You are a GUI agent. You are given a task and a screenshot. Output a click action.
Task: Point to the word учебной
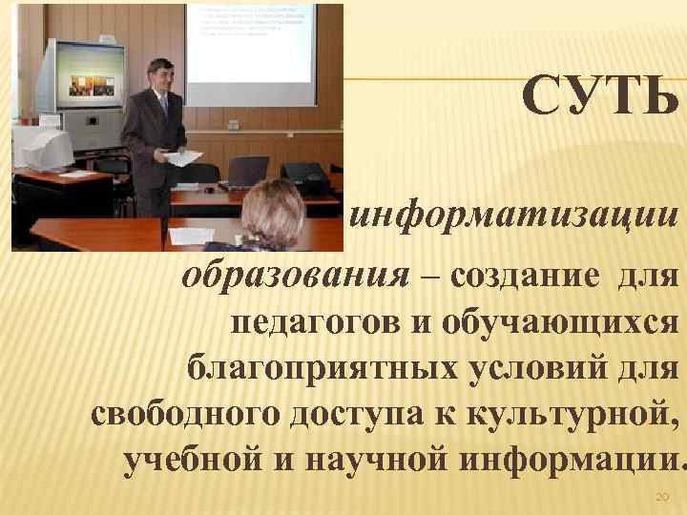pos(194,460)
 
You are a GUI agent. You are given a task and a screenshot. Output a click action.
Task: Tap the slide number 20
pos(661,497)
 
